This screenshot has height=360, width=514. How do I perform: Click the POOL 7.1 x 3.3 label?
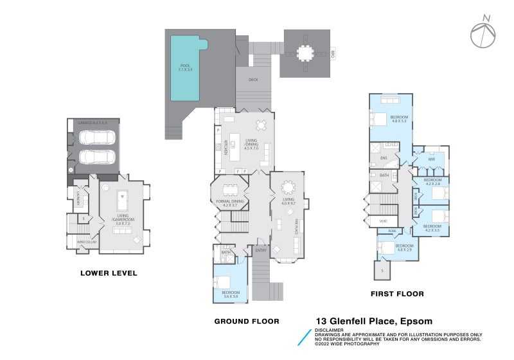point(185,67)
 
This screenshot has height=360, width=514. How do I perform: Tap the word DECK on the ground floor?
point(253,80)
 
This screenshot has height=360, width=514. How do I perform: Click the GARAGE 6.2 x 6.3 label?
point(92,122)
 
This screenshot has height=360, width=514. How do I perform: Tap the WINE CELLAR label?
point(86,242)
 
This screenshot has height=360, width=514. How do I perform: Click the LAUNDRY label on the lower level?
point(78,198)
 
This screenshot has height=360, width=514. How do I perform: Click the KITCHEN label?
point(226,149)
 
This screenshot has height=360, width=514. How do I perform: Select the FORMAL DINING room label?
point(229,201)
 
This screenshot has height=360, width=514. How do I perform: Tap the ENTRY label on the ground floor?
point(260,251)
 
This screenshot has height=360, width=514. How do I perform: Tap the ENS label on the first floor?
point(384,158)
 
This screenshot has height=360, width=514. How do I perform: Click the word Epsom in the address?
point(416,321)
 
